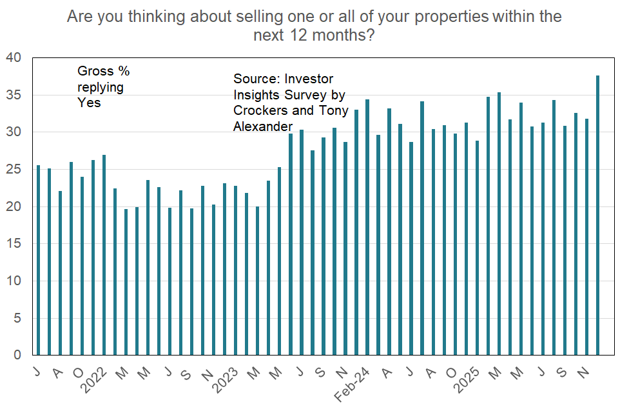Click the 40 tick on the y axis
coord(14,58)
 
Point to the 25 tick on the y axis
coord(14,170)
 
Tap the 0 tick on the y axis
coord(18,356)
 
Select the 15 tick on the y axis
coord(14,244)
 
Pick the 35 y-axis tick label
coord(14,95)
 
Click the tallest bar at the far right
coord(598,216)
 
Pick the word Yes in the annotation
coord(89,103)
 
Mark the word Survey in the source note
coord(298,95)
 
